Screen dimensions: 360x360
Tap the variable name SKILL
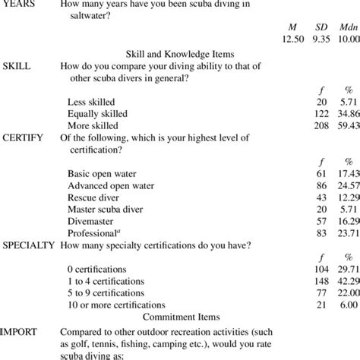coord(17,66)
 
